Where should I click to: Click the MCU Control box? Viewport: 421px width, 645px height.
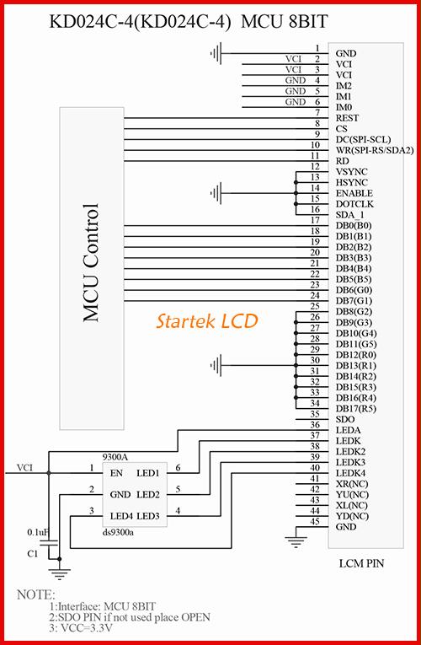tap(92, 268)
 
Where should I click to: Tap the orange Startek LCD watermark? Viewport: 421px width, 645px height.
tap(206, 321)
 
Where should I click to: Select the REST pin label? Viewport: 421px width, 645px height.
tap(348, 118)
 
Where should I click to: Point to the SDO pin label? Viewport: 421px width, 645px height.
tap(345, 420)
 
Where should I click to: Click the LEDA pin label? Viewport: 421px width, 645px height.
tap(349, 430)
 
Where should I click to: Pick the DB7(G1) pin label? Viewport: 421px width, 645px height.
tap(354, 301)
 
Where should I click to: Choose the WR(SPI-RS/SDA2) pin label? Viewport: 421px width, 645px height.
tap(375, 151)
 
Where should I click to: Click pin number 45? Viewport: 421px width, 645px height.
tap(315, 522)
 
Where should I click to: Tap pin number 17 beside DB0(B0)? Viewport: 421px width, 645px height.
tap(315, 221)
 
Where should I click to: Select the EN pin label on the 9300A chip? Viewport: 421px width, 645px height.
tap(117, 473)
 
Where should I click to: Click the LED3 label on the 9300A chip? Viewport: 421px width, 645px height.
tap(148, 516)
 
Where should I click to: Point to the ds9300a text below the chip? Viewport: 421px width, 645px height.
tap(118, 533)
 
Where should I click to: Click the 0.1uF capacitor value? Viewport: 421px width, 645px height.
tap(38, 532)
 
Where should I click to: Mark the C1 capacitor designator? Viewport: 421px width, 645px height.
tap(33, 554)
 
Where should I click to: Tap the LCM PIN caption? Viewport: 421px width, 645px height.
tap(362, 563)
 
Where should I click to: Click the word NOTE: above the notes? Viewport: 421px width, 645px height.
tap(35, 594)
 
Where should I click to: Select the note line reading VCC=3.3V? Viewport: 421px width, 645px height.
tap(82, 628)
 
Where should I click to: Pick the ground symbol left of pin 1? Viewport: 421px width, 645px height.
tap(216, 53)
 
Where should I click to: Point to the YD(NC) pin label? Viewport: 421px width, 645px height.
tap(352, 516)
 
